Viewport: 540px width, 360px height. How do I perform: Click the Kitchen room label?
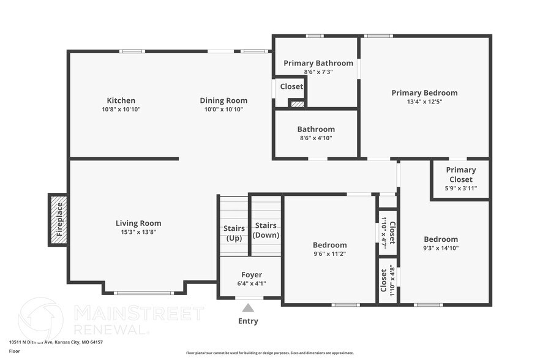pyautogui.click(x=121, y=100)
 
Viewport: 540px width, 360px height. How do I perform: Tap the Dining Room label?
pyautogui.click(x=223, y=100)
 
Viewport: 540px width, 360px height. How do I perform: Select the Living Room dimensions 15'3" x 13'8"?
pyautogui.click(x=138, y=232)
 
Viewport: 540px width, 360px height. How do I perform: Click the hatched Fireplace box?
pyautogui.click(x=59, y=220)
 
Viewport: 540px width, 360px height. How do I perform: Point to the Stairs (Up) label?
pyautogui.click(x=234, y=233)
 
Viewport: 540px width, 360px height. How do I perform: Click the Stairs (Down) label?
pyautogui.click(x=266, y=230)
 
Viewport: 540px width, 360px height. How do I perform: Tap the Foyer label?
pyautogui.click(x=251, y=275)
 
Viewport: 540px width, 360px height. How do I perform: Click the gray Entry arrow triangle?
pyautogui.click(x=248, y=308)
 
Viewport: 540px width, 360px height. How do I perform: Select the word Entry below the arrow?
pyautogui.click(x=248, y=321)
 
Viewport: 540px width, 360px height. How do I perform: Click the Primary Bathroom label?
pyautogui.click(x=318, y=63)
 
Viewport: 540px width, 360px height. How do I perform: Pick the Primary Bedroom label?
pyautogui.click(x=424, y=93)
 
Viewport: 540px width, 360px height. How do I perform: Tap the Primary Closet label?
pyautogui.click(x=460, y=174)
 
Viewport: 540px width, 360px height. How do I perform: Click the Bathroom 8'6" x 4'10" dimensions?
pyautogui.click(x=316, y=138)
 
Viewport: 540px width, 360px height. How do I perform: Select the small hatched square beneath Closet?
pyautogui.click(x=297, y=104)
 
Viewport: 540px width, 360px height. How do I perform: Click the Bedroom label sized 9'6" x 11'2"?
pyautogui.click(x=329, y=245)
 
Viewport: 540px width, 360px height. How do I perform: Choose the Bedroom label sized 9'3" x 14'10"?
pyautogui.click(x=441, y=239)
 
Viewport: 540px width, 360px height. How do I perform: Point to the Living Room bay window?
pyautogui.click(x=144, y=293)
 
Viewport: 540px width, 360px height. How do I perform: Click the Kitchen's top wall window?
pyautogui.click(x=132, y=51)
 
